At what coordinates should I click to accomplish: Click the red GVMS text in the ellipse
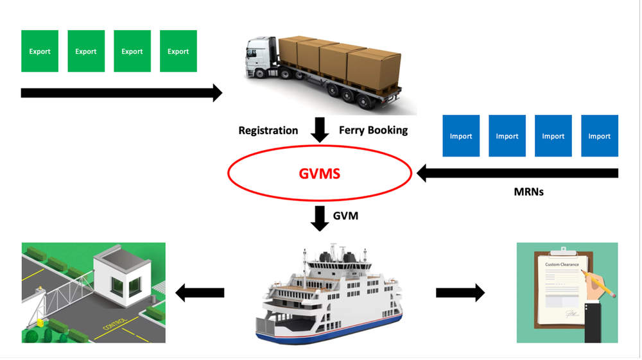pos(319,173)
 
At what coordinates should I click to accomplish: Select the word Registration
pos(268,130)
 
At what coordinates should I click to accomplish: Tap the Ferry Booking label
pos(373,130)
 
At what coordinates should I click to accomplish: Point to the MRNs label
pos(528,191)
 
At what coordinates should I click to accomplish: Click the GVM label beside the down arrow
pos(345,216)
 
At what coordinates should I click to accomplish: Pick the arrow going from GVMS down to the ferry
pos(319,218)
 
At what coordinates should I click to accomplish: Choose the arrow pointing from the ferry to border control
pos(200,293)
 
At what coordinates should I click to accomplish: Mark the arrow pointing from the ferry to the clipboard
pos(460,293)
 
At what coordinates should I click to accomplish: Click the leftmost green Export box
pos(40,51)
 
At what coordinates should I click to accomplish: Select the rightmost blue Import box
pos(599,136)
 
